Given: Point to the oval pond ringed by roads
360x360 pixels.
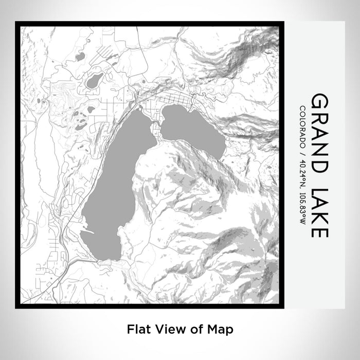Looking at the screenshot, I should coord(95,80).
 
